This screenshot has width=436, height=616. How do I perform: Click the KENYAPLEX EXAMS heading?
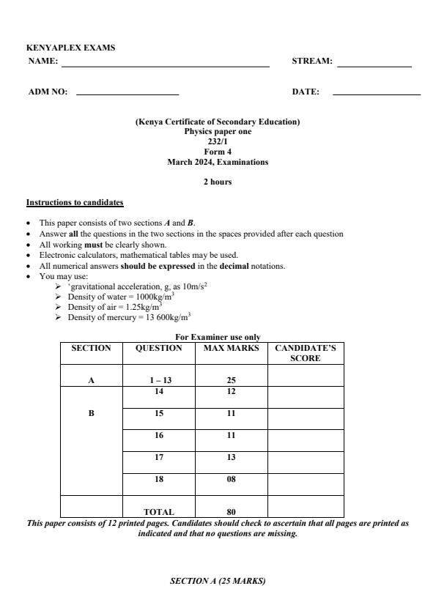[71, 48]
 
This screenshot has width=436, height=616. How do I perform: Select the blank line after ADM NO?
[128, 94]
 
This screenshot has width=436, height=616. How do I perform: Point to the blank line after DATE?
[376, 94]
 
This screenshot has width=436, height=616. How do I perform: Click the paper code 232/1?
[217, 141]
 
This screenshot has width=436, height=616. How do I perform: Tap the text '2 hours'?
[217, 182]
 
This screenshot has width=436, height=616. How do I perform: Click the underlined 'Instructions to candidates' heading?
[75, 202]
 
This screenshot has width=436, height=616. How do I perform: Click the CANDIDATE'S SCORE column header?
[305, 353]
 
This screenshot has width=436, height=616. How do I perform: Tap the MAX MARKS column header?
[231, 349]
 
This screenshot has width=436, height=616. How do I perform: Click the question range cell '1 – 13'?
[159, 380]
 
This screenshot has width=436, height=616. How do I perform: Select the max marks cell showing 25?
[231, 380]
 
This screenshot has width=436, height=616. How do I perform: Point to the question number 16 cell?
[159, 435]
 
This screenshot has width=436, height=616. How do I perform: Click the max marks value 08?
[231, 479]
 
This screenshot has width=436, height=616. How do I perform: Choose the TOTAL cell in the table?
[159, 512]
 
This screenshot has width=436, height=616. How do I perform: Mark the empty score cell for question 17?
[305, 462]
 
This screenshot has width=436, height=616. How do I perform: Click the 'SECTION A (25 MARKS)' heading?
[217, 581]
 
